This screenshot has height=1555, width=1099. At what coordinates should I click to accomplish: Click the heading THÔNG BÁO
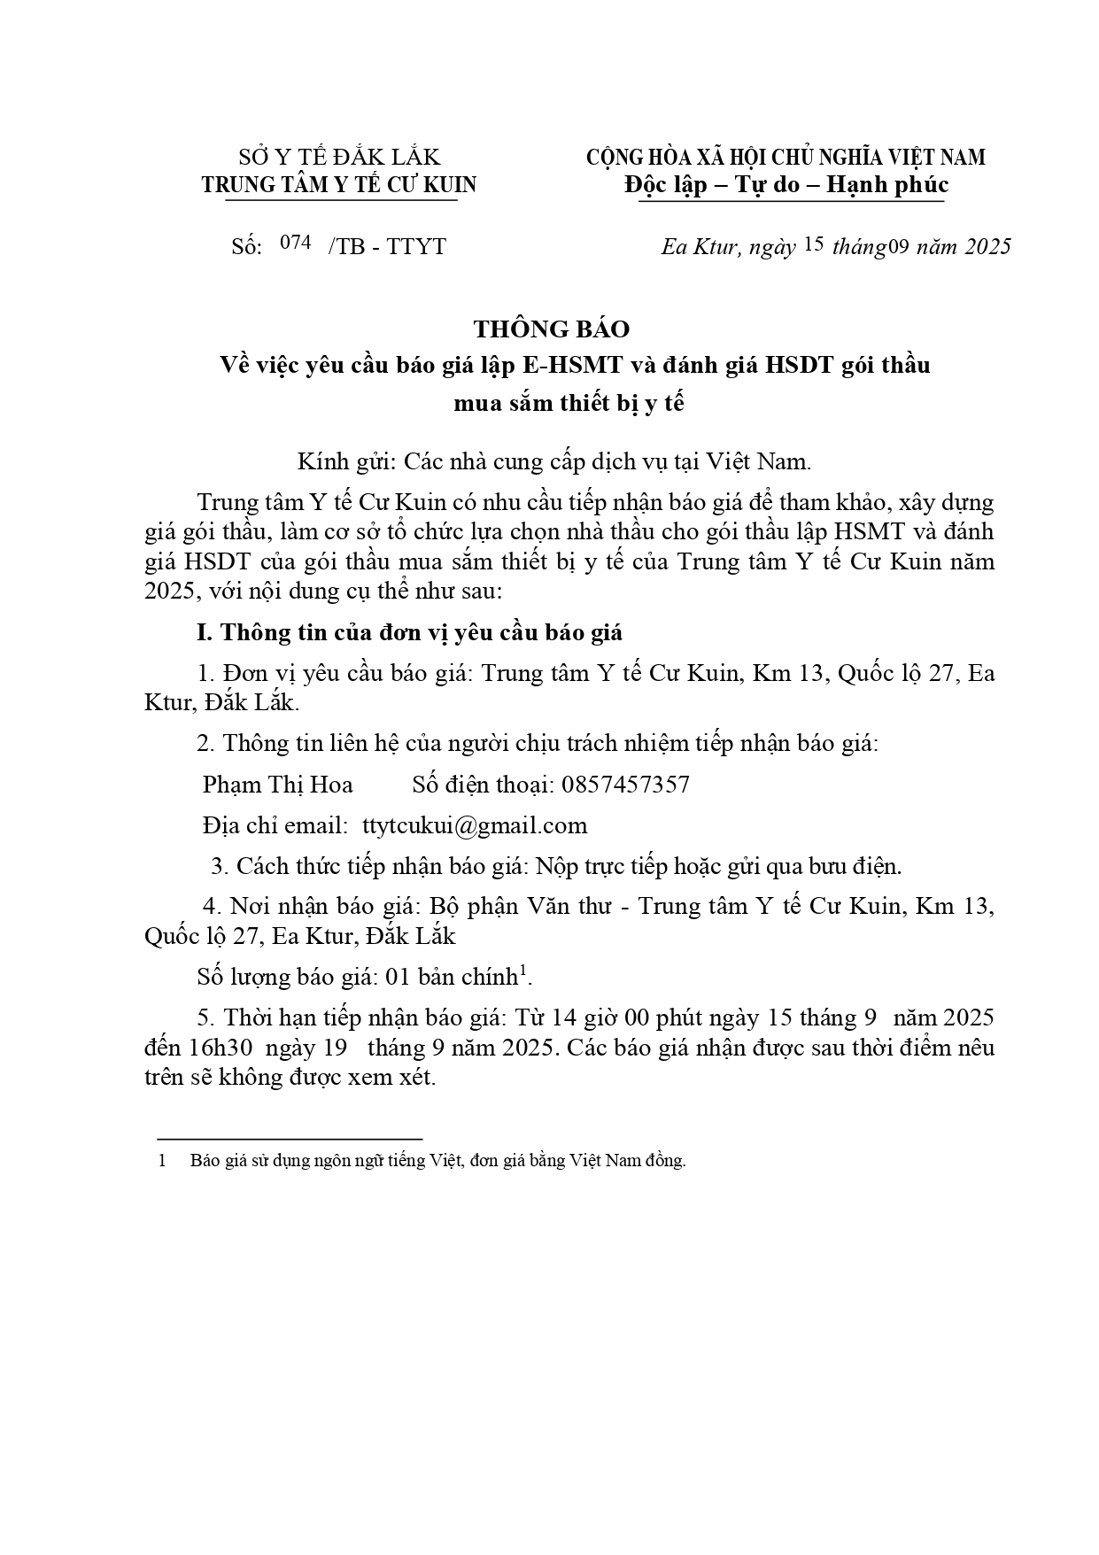551,329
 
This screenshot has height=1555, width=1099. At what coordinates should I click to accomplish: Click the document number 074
295,243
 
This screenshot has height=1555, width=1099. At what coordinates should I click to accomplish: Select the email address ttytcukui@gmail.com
475,825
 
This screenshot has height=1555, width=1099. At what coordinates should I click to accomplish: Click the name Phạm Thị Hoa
277,785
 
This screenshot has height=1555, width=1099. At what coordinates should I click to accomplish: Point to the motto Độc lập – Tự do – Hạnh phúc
786,185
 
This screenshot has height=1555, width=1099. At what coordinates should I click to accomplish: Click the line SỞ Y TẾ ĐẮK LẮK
339,158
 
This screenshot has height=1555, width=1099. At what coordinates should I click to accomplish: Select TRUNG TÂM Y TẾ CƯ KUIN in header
339,185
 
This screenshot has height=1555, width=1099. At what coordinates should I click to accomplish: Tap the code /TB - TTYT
387,246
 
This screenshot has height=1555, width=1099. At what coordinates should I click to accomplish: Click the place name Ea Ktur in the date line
700,246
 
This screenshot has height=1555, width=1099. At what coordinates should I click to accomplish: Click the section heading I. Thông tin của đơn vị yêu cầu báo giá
409,632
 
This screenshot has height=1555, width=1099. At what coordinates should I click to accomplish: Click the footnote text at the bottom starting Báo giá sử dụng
437,1160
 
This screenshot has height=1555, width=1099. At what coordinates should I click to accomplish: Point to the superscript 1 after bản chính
523,971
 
